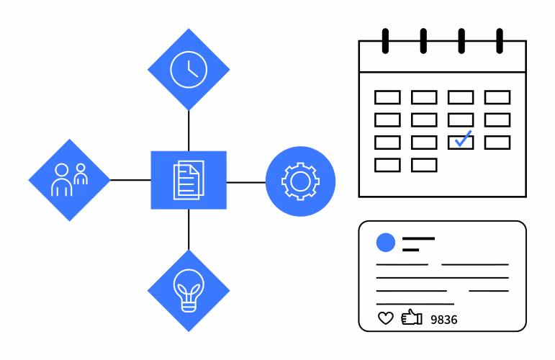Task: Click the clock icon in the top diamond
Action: click(189, 70)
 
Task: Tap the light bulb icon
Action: click(189, 290)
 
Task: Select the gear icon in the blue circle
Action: click(300, 181)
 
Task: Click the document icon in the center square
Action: click(189, 180)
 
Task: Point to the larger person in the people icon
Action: click(62, 180)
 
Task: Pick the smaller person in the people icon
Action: click(81, 174)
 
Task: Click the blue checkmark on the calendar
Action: click(464, 138)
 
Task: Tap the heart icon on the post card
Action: click(385, 318)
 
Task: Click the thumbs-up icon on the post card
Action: click(412, 318)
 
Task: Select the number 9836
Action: click(444, 320)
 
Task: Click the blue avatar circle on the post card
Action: click(385, 243)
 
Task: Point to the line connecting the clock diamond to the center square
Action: click(189, 130)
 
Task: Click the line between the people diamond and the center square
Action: click(130, 180)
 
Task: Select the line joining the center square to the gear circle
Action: click(246, 182)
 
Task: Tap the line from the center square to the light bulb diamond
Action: click(189, 230)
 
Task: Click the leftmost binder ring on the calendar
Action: click(385, 41)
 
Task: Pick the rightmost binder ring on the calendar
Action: click(500, 41)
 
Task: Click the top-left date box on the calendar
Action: click(387, 97)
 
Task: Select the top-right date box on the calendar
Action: click(497, 97)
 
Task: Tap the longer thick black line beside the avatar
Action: click(418, 238)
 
